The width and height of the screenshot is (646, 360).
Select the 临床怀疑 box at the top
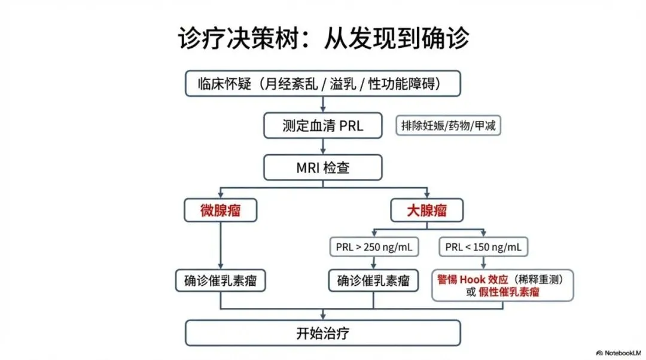pyautogui.click(x=323, y=84)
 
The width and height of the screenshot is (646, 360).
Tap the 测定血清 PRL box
pyautogui.click(x=323, y=126)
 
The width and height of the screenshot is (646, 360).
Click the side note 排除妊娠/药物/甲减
pyautogui.click(x=448, y=126)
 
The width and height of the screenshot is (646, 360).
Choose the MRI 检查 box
pyautogui.click(x=323, y=167)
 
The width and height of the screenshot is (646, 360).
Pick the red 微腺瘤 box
pyautogui.click(x=220, y=210)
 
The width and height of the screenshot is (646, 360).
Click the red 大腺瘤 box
pyautogui.click(x=427, y=210)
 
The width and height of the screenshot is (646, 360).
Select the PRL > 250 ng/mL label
pyautogui.click(x=374, y=246)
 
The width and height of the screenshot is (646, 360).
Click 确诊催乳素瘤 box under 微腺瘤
pyautogui.click(x=220, y=280)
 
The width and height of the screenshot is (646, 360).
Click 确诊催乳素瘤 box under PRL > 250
pyautogui.click(x=374, y=280)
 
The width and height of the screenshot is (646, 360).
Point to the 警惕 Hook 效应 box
pyautogui.click(x=502, y=285)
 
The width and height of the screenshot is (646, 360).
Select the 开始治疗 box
pyautogui.click(x=323, y=333)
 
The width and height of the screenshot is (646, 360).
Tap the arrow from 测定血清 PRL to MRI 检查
pyautogui.click(x=323, y=147)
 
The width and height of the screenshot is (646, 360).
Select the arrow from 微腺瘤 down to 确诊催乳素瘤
pyautogui.click(x=220, y=245)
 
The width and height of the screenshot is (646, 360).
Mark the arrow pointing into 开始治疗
pyautogui.click(x=323, y=315)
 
